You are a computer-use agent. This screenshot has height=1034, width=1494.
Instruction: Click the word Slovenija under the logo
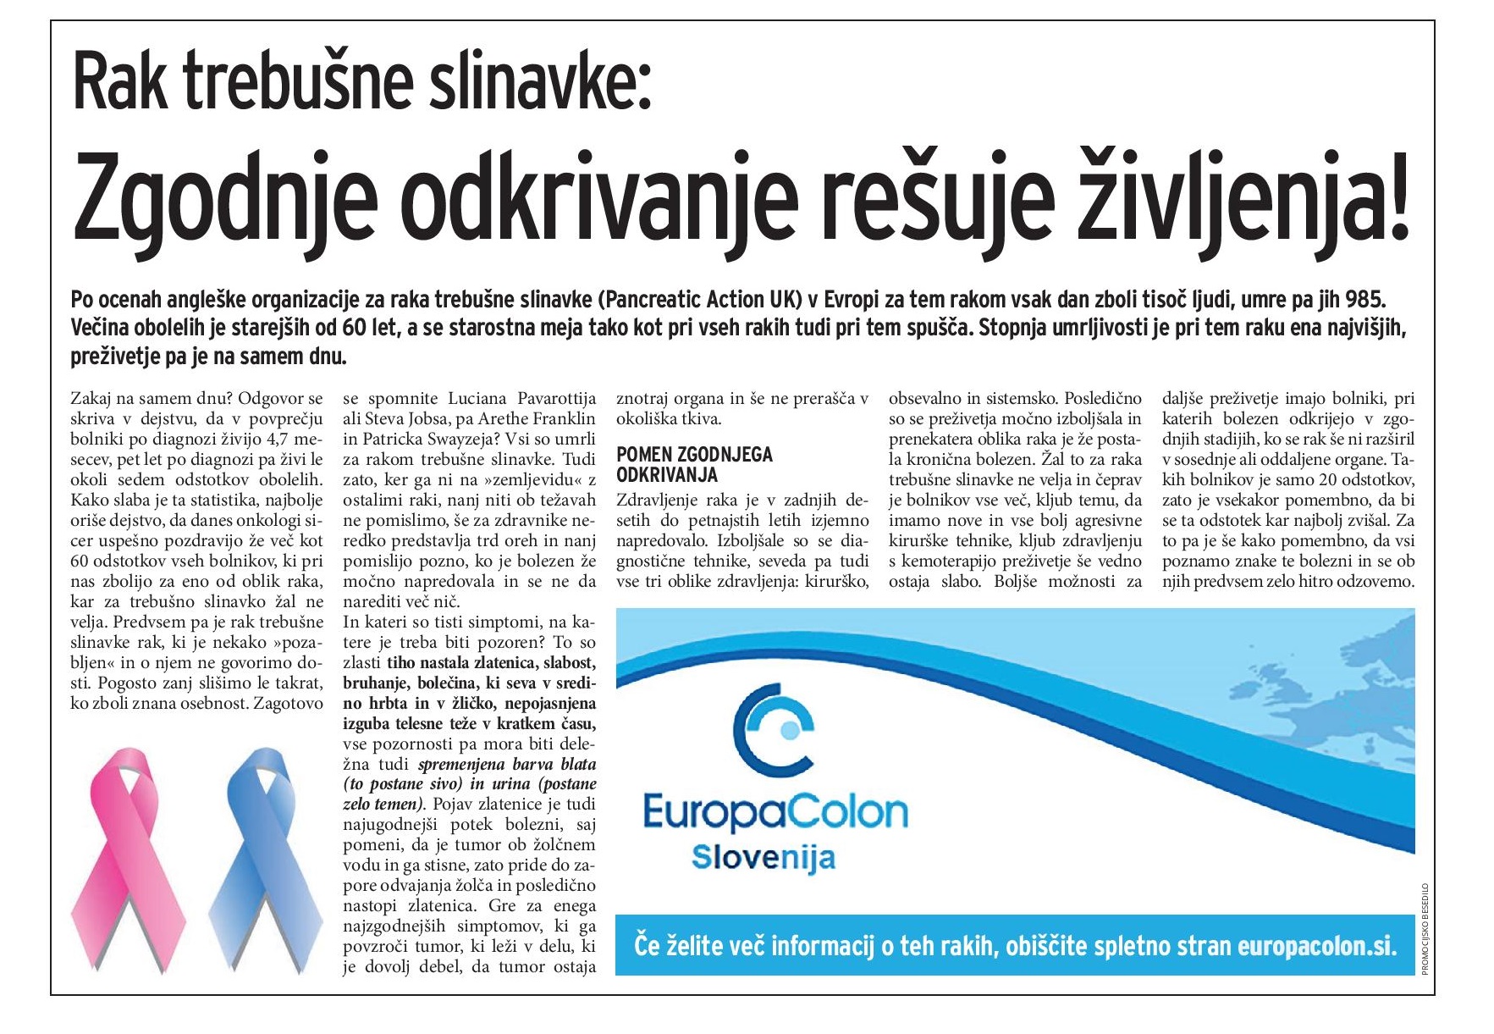point(763,857)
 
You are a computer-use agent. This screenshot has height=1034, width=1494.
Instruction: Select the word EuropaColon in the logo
point(775,812)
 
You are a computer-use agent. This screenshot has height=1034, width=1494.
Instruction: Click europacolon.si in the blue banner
point(1316,946)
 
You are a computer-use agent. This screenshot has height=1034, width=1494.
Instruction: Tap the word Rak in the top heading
point(122,82)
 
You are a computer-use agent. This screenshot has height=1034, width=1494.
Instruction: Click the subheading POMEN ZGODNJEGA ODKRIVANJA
point(694,464)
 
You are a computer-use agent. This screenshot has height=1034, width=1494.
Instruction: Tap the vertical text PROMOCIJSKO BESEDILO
point(1425,927)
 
